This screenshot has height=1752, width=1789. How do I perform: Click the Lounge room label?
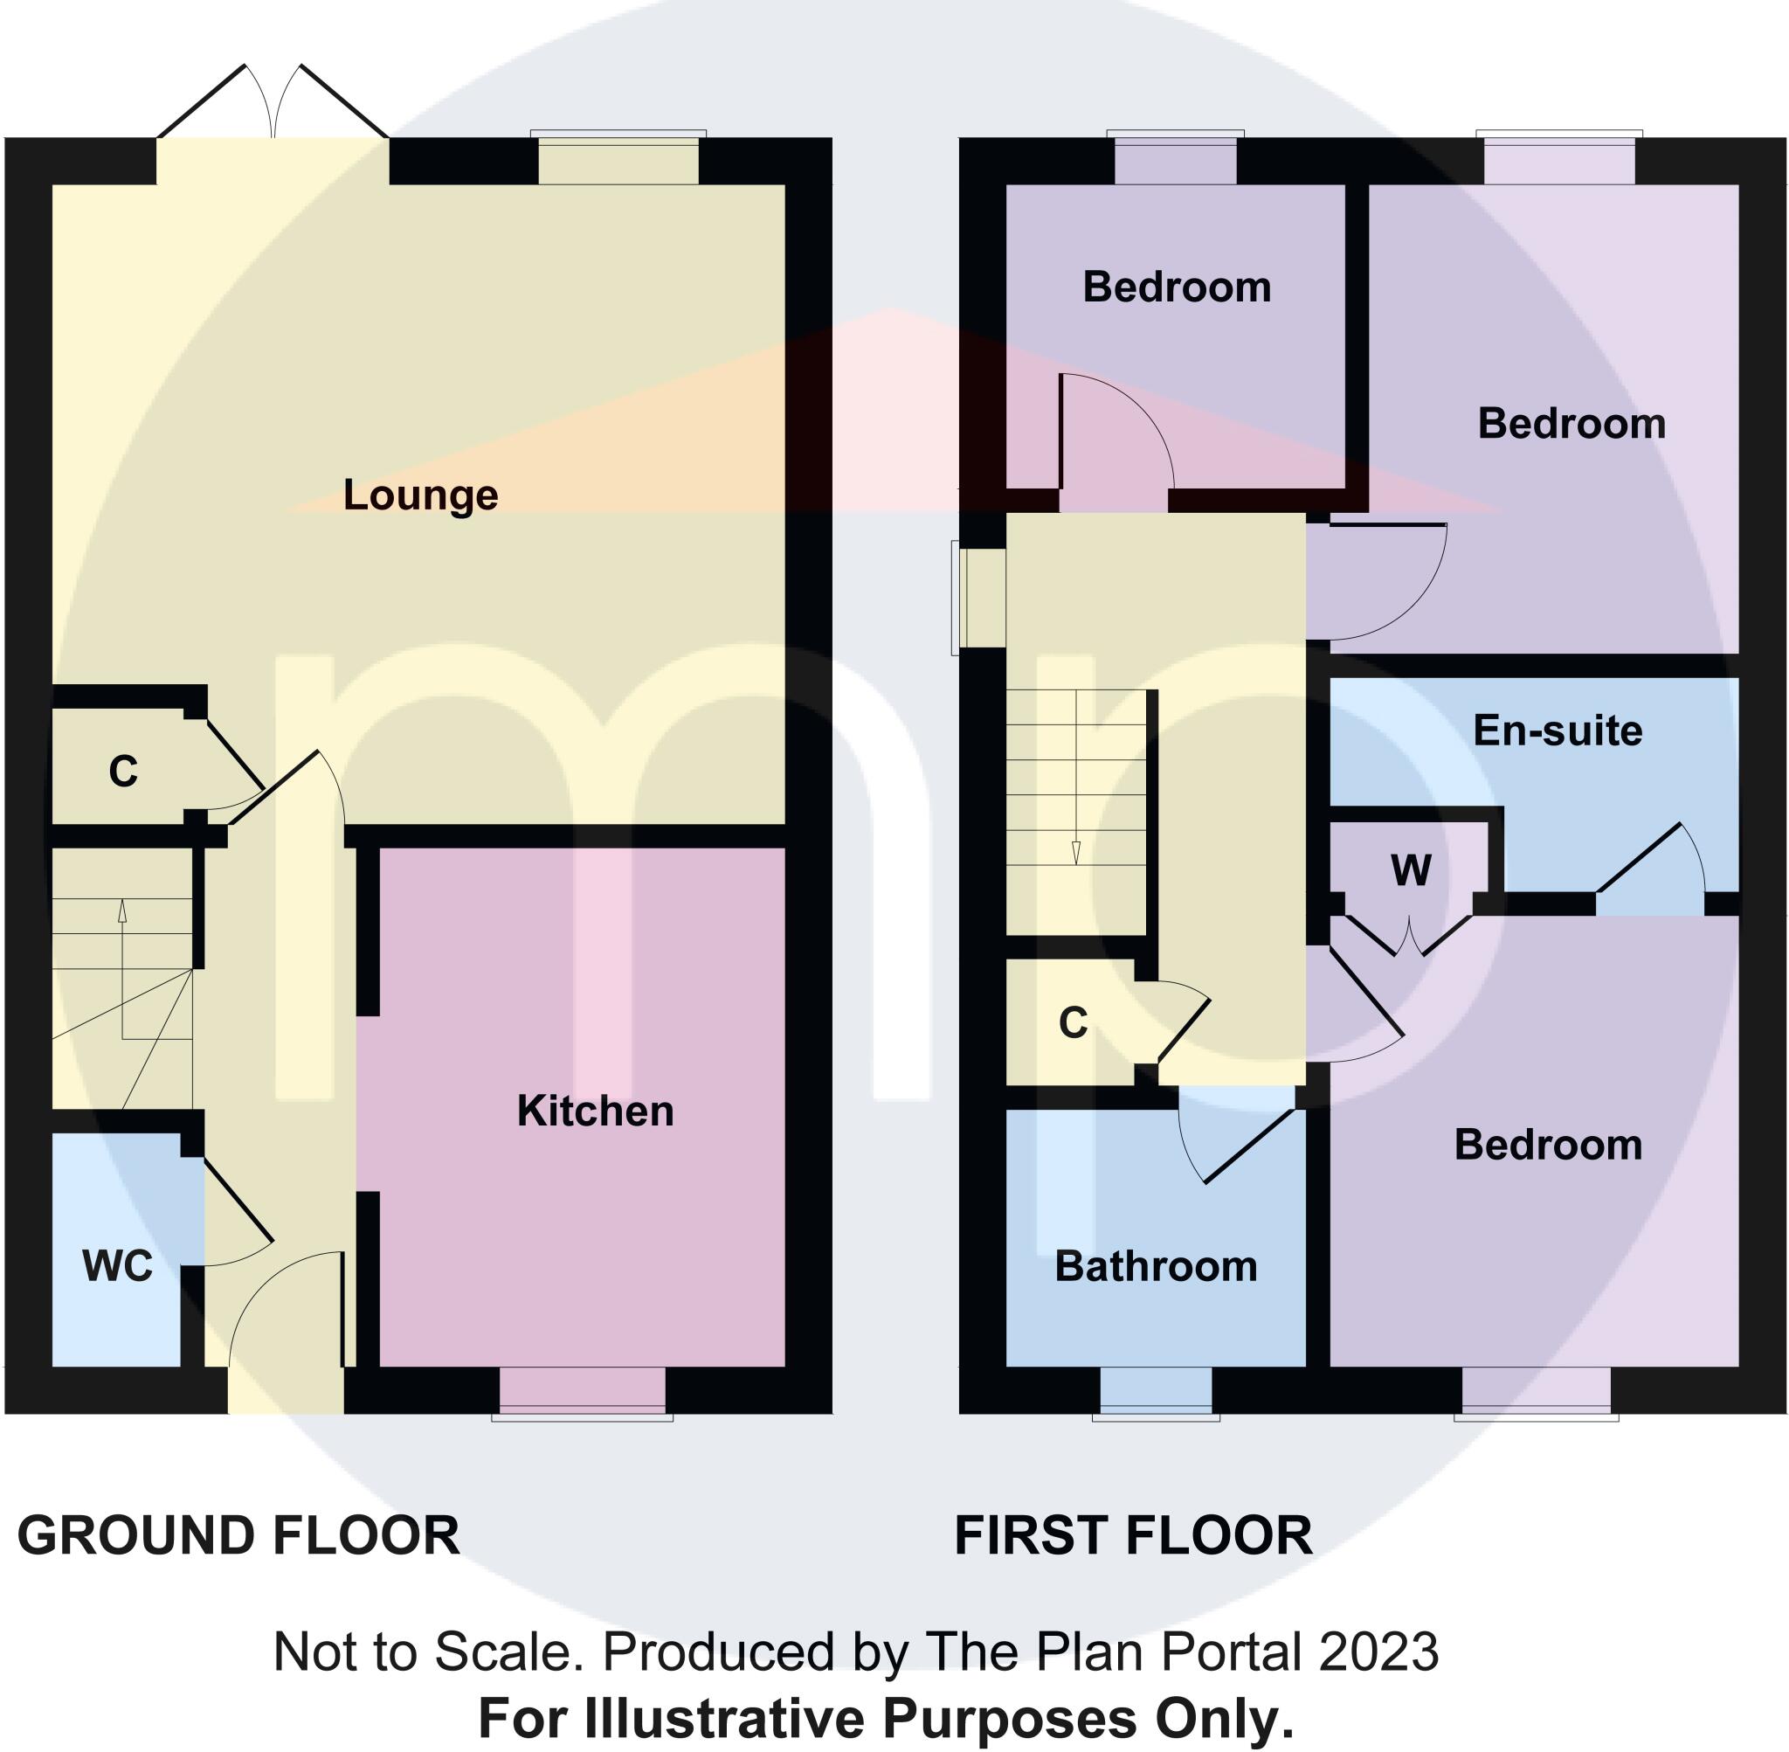pos(420,495)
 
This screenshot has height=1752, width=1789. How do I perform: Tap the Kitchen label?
pos(595,1111)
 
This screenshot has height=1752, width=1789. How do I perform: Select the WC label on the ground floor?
pos(117,1266)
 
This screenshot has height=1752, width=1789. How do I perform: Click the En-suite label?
pos(1558,731)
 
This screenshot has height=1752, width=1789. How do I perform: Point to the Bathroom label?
pos(1156,1266)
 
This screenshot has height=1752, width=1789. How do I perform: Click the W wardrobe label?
pos(1411,869)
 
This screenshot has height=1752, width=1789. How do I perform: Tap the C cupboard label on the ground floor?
pos(122,772)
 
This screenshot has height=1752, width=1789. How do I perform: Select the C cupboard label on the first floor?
pos(1073,1022)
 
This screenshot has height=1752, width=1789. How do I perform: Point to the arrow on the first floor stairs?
pos(1075,851)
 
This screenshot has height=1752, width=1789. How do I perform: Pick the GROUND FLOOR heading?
pos(238,1536)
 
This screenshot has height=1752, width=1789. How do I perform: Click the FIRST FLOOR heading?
pos(1133,1536)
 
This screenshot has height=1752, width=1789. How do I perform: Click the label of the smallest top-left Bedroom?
pos(1177,287)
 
